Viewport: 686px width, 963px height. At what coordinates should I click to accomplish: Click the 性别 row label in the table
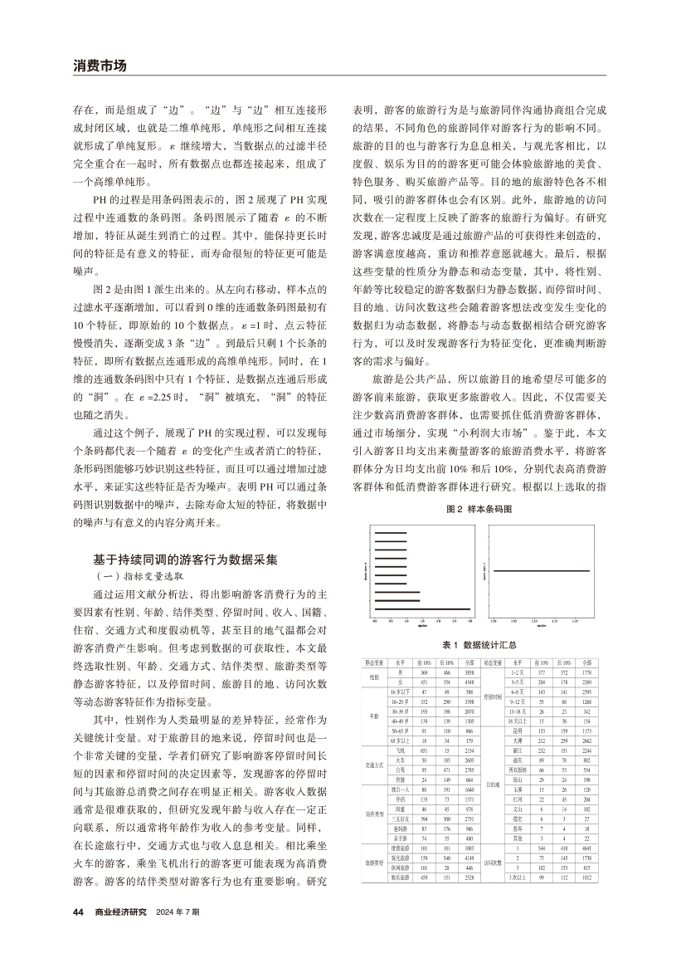(x=374, y=677)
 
